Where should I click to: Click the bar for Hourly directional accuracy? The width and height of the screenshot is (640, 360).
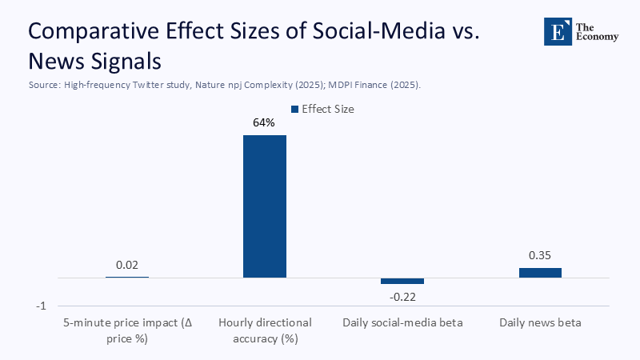point(265,206)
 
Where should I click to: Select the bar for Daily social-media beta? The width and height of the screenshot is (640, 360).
point(402,281)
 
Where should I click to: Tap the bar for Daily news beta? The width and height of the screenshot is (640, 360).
point(540,273)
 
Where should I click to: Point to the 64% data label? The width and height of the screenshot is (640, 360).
point(265,123)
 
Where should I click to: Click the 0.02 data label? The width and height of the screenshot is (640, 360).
point(127,265)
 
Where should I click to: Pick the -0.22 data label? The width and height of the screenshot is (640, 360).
point(402,297)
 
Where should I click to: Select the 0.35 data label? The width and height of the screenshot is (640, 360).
point(540,256)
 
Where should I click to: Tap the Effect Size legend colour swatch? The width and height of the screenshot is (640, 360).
point(295,110)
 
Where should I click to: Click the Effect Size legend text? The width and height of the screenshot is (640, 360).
point(328,110)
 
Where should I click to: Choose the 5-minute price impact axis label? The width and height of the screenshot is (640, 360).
point(127,330)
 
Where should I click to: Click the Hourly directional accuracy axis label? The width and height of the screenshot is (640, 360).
point(265,330)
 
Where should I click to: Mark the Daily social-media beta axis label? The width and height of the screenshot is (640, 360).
point(402,323)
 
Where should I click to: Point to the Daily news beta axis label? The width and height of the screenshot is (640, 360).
point(540,323)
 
